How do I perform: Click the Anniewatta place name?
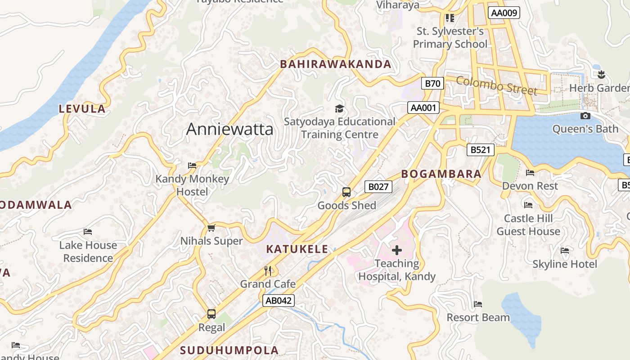click(x=229, y=129)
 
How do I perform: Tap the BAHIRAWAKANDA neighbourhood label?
click(x=336, y=64)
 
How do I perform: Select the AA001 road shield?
click(x=423, y=108)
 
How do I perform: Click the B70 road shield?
click(x=432, y=83)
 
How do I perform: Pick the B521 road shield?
click(x=480, y=150)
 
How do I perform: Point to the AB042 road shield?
click(x=278, y=301)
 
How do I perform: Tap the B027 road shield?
click(x=378, y=187)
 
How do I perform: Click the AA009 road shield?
click(x=504, y=13)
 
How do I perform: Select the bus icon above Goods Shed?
click(x=346, y=192)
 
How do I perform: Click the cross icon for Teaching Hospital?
click(x=396, y=250)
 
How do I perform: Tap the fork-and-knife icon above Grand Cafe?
click(x=268, y=270)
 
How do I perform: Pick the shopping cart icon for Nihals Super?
click(x=211, y=228)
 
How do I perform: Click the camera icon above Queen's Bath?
click(x=585, y=116)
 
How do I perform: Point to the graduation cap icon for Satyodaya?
click(x=339, y=108)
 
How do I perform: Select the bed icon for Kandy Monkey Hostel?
click(x=192, y=166)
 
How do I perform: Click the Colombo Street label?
click(x=497, y=85)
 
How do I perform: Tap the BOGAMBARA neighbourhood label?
click(x=441, y=174)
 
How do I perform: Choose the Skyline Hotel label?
click(x=565, y=264)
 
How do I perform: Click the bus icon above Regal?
click(x=211, y=314)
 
